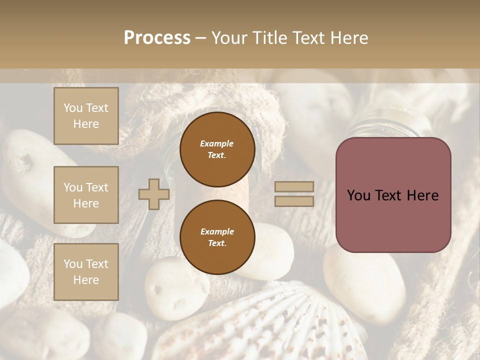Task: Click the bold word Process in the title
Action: pos(157,38)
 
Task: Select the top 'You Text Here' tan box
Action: pos(86,116)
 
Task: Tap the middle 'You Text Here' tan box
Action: pos(86,195)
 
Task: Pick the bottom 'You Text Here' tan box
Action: pos(86,272)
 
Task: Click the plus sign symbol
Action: pos(154,194)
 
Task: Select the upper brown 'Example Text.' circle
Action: pos(217,149)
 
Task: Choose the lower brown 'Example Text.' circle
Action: pos(217,237)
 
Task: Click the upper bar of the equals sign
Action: pos(294,186)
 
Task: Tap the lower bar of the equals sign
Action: pos(294,201)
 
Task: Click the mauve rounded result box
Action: pos(393,195)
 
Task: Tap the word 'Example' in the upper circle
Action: pos(217,143)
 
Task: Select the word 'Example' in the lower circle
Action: pos(217,231)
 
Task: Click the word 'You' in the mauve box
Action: pos(358,195)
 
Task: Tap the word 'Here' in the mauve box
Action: pos(422,195)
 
